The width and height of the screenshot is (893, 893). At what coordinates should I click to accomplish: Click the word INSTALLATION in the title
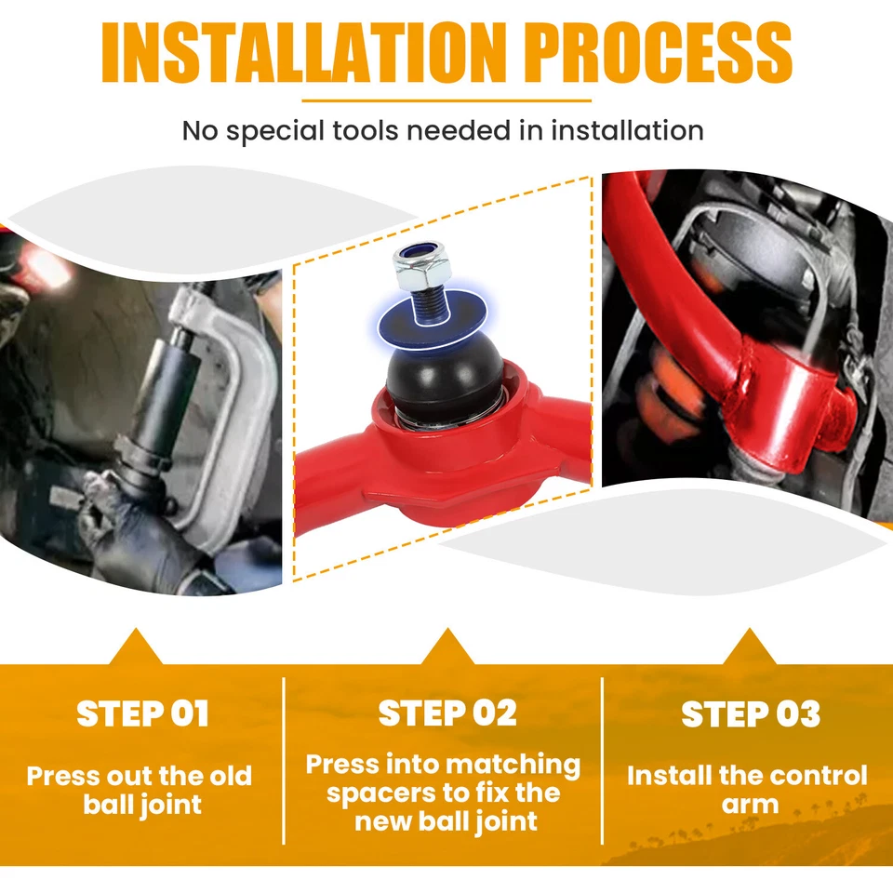(304, 53)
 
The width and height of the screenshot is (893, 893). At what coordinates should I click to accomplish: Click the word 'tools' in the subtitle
(365, 130)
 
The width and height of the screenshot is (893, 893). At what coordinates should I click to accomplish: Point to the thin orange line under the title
(446, 100)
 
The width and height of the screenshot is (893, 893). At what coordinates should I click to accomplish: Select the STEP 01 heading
(142, 713)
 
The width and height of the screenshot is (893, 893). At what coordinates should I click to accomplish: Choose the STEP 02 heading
(447, 713)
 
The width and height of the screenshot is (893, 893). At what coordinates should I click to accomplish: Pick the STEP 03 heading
(751, 714)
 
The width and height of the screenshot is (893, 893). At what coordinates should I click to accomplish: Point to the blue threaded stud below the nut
(430, 304)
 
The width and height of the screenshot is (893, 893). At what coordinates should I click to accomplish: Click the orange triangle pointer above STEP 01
(136, 647)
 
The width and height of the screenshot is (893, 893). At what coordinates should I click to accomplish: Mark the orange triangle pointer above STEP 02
(447, 647)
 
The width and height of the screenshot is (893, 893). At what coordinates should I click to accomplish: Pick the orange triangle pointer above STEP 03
(750, 647)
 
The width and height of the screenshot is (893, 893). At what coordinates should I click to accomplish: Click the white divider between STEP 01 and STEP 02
(284, 761)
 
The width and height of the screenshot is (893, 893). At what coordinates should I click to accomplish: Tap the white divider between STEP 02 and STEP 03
(602, 761)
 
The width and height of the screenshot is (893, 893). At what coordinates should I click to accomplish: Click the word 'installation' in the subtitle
(627, 130)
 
